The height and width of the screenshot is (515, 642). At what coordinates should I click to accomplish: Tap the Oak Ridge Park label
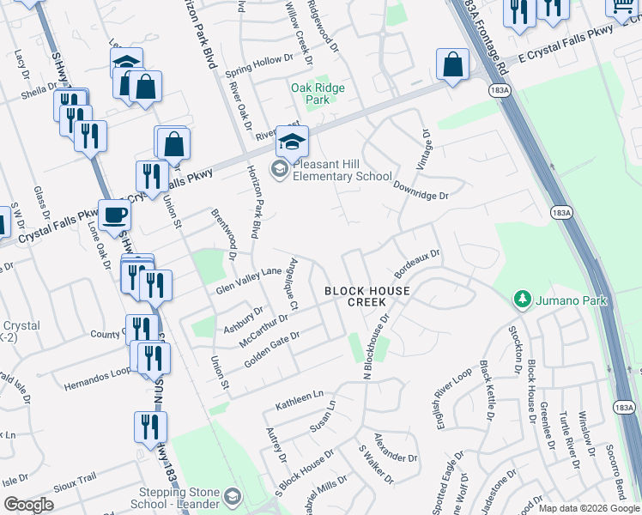tap(318, 94)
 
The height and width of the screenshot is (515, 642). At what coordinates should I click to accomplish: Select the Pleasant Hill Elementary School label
tap(342, 170)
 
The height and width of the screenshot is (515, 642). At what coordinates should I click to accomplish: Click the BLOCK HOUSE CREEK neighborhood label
tap(366, 296)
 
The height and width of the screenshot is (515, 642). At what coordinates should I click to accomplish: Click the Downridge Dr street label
tap(421, 190)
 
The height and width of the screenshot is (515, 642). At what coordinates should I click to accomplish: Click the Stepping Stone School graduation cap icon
tap(233, 497)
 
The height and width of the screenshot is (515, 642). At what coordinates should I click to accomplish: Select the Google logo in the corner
tap(28, 505)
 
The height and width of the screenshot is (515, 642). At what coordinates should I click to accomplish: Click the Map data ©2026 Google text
tap(590, 508)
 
